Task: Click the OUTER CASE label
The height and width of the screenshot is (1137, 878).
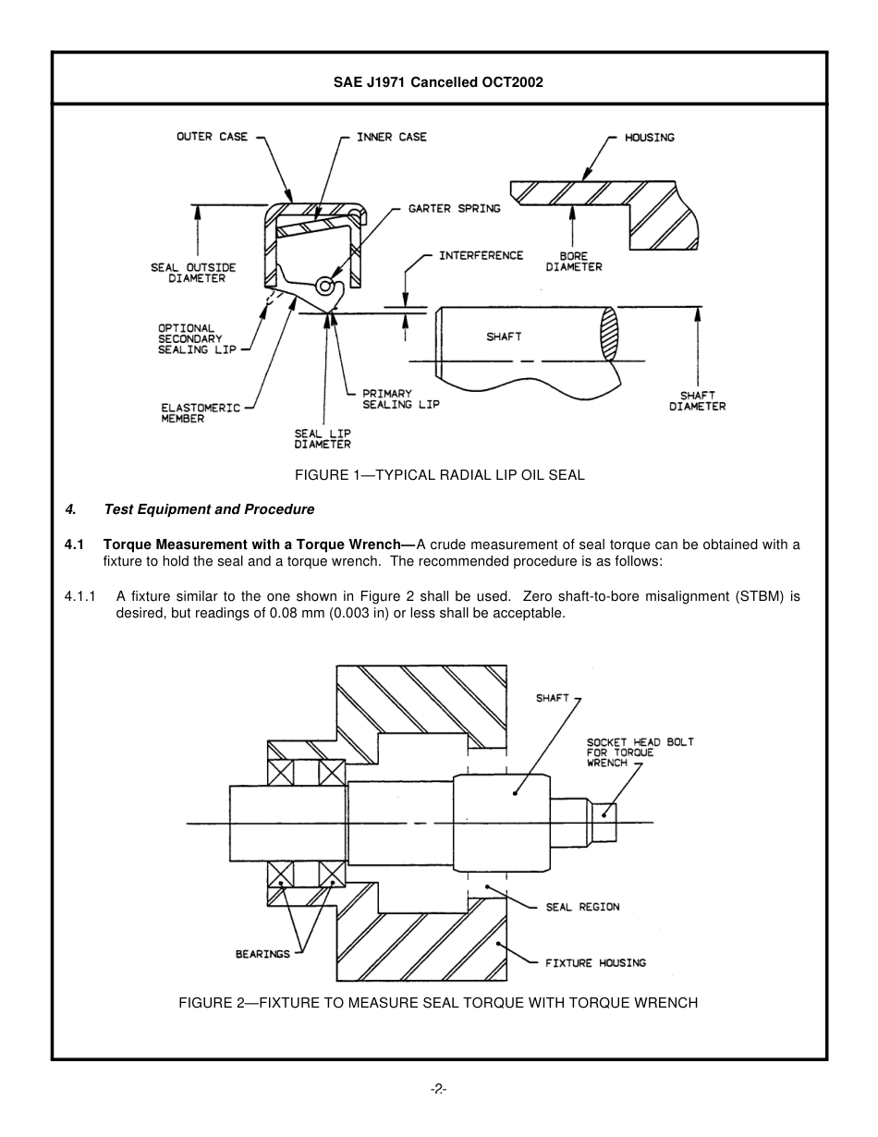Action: coord(212,137)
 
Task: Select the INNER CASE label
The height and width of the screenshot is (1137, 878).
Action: coord(392,137)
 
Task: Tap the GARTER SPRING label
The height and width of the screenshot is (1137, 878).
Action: coord(454,209)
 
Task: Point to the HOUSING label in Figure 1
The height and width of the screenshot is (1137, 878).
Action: coord(650,138)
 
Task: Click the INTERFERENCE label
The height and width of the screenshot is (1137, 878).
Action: coord(481,255)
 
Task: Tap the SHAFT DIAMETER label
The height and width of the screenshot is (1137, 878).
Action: coord(697,400)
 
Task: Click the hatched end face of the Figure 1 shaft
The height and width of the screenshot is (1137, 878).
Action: coord(608,334)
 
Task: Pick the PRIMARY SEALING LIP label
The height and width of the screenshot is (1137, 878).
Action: coord(400,399)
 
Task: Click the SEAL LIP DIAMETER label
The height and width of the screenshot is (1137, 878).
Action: coord(323,438)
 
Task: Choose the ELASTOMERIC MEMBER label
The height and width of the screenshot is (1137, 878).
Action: coord(201,412)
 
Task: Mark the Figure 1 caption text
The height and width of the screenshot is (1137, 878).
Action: coord(439,475)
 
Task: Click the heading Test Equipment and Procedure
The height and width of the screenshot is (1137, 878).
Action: coord(209,509)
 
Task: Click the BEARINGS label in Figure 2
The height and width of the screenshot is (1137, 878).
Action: coord(262,954)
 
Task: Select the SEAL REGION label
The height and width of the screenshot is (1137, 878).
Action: coord(582,907)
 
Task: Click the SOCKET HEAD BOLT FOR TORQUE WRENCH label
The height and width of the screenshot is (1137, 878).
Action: coord(640,752)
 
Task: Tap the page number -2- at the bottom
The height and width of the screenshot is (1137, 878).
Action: coord(439,1090)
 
